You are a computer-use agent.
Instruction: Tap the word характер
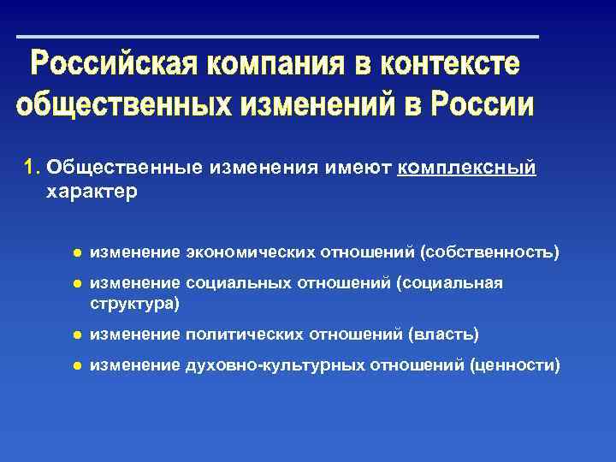click(x=92, y=191)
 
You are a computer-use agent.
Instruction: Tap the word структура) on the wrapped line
click(x=134, y=303)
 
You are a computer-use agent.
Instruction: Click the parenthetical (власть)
click(x=445, y=334)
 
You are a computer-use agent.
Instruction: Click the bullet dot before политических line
click(x=76, y=334)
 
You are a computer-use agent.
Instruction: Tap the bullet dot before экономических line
click(x=76, y=252)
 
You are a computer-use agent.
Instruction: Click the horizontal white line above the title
click(x=278, y=37)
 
